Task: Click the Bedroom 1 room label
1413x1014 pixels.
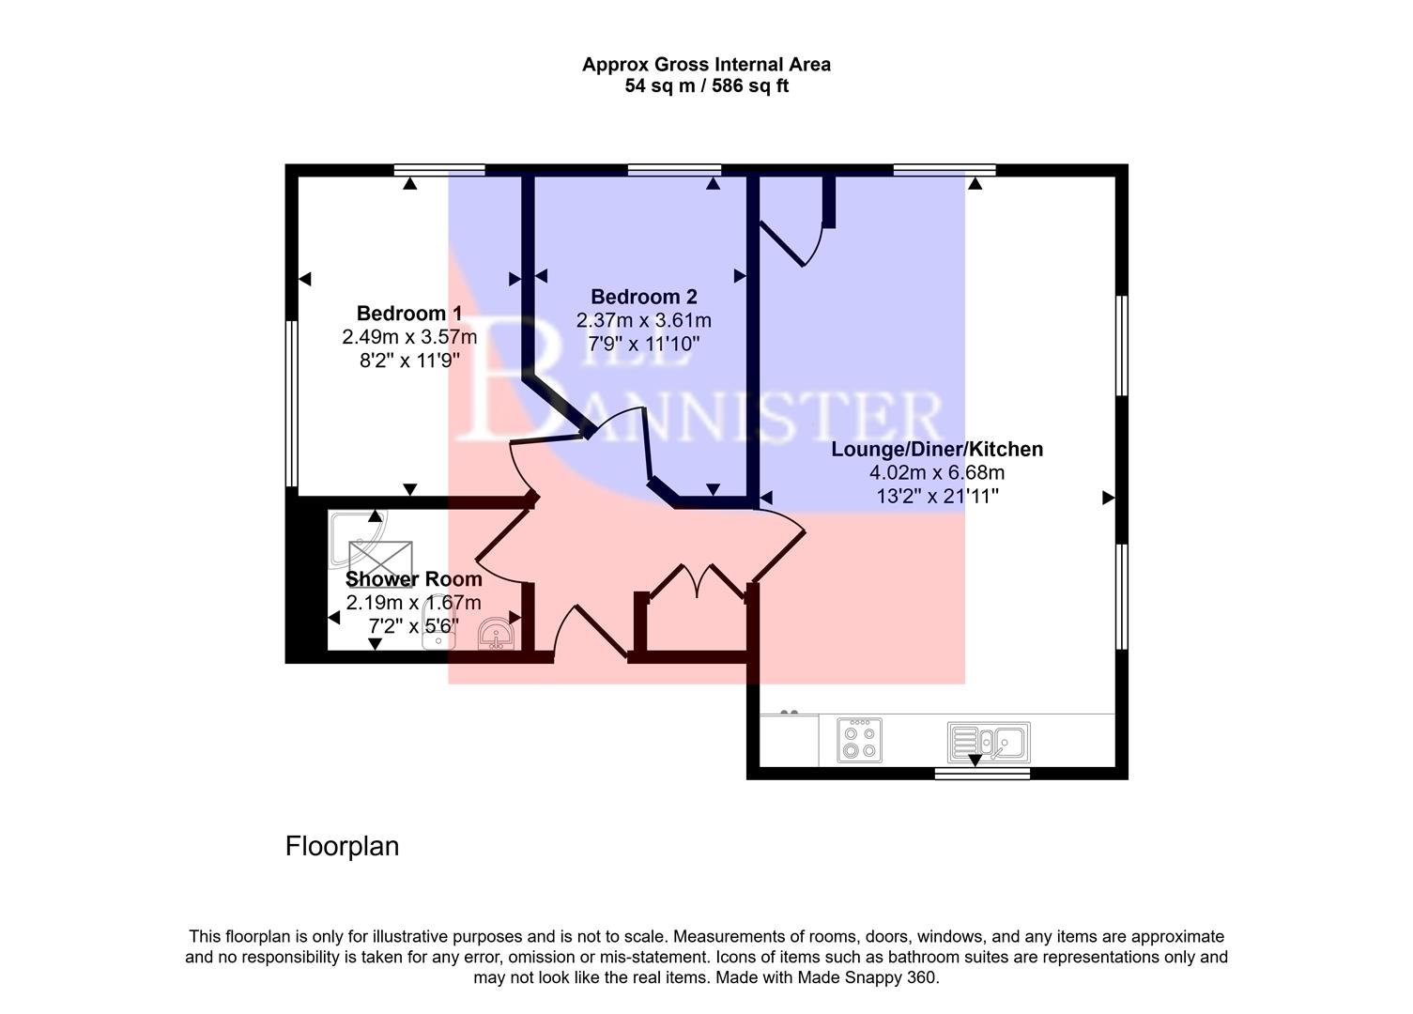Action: tap(408, 313)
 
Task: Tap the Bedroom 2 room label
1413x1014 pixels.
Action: tap(643, 297)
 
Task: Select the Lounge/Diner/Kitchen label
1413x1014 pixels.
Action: tap(936, 449)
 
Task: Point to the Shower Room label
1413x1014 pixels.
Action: tap(413, 579)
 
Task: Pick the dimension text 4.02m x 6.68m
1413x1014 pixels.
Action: tap(936, 472)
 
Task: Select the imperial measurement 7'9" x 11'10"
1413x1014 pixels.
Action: tap(643, 344)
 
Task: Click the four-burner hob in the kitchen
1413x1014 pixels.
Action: tap(859, 740)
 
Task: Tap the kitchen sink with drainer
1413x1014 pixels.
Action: tap(988, 742)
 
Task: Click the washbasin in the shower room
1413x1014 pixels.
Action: tap(495, 635)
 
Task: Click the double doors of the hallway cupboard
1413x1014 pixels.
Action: tap(696, 580)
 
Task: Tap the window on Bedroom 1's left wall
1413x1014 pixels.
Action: tap(292, 404)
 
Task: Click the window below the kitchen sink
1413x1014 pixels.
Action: tap(982, 774)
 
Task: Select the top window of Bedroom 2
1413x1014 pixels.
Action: tap(674, 170)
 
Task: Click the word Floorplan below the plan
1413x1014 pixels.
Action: tap(342, 846)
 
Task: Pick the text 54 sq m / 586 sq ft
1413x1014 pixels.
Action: tap(706, 86)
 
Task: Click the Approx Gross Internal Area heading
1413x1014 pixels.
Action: tap(706, 65)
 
